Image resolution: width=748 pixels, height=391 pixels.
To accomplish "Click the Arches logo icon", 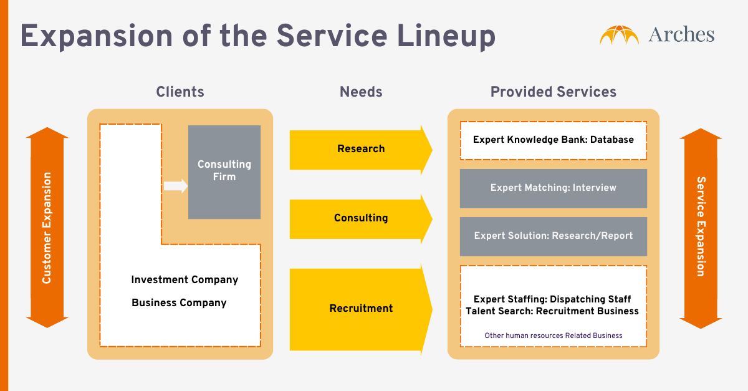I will (620, 35).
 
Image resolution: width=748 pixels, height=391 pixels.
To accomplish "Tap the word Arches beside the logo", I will (681, 35).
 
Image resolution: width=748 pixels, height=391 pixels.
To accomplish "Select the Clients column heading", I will (180, 92).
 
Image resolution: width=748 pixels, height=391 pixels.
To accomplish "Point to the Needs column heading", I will (361, 92).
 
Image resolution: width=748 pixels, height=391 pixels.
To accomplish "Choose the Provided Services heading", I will (553, 92).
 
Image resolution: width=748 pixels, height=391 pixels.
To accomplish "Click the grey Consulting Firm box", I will (224, 171).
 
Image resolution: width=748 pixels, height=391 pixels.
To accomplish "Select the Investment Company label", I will (185, 280).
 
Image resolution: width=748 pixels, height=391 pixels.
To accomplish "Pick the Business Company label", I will (179, 303).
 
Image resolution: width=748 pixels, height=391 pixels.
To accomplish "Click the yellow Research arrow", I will (361, 149).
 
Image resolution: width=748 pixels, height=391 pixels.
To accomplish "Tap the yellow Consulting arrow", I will (361, 218).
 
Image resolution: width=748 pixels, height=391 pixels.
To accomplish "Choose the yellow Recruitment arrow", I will (361, 308).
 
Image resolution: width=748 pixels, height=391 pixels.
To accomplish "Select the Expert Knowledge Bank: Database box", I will (553, 140).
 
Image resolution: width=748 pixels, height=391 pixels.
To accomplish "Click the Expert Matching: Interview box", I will (553, 188).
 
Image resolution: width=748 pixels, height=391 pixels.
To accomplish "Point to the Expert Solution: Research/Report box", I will (553, 236).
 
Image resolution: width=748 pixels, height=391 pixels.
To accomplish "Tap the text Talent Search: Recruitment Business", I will (552, 311).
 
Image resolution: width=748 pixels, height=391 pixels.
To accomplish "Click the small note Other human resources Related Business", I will (553, 335).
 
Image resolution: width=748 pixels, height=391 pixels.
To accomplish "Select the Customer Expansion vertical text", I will (47, 228).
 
